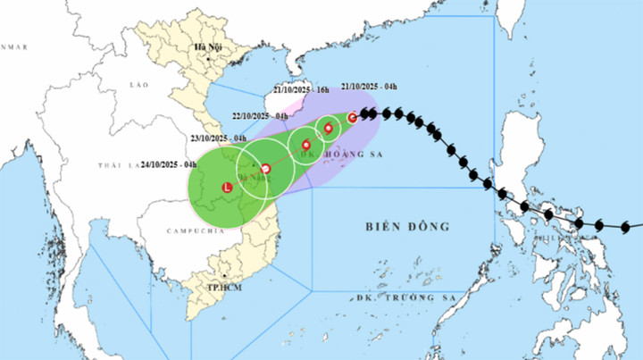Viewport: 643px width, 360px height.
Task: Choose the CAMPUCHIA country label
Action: [194, 230]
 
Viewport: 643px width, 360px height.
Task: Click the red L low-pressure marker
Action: [226, 188]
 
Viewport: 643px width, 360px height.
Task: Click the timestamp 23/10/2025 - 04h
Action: [218, 138]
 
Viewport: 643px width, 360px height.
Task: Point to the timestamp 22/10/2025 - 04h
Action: [258, 116]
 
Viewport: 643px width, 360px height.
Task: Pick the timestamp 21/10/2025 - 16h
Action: [301, 90]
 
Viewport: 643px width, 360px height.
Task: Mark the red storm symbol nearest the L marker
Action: [265, 168]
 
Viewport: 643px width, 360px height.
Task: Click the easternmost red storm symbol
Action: [353, 117]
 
